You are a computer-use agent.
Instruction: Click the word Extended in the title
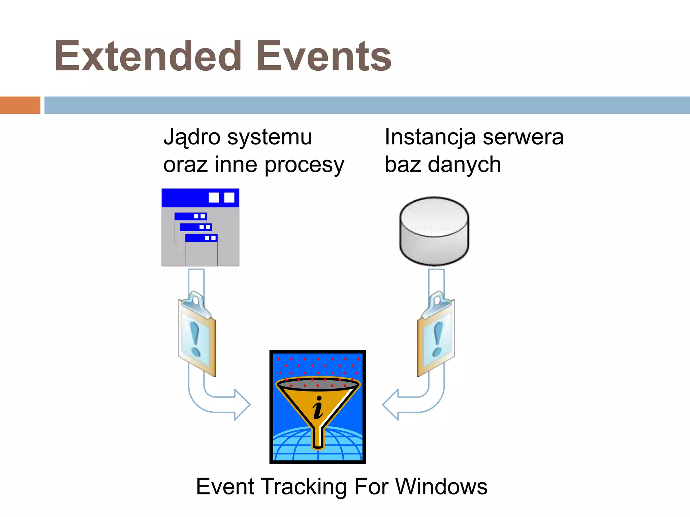point(148,57)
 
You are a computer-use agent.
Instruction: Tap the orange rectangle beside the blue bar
point(20,105)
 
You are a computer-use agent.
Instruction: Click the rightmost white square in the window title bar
point(229,197)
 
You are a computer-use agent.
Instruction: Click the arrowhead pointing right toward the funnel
point(242,405)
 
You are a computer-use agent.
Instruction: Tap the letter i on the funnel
point(318,408)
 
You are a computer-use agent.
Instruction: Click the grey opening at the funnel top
point(318,384)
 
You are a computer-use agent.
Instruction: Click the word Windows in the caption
point(441,487)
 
